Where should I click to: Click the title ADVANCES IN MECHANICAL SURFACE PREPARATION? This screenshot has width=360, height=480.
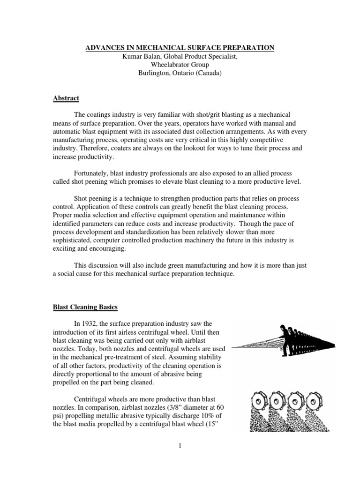tap(180, 48)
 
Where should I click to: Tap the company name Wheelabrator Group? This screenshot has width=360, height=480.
tap(180, 65)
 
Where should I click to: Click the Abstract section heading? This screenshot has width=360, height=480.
tap(66, 98)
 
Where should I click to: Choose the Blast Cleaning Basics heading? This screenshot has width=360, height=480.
tap(91, 307)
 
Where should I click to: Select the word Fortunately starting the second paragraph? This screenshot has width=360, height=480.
tap(93, 172)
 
